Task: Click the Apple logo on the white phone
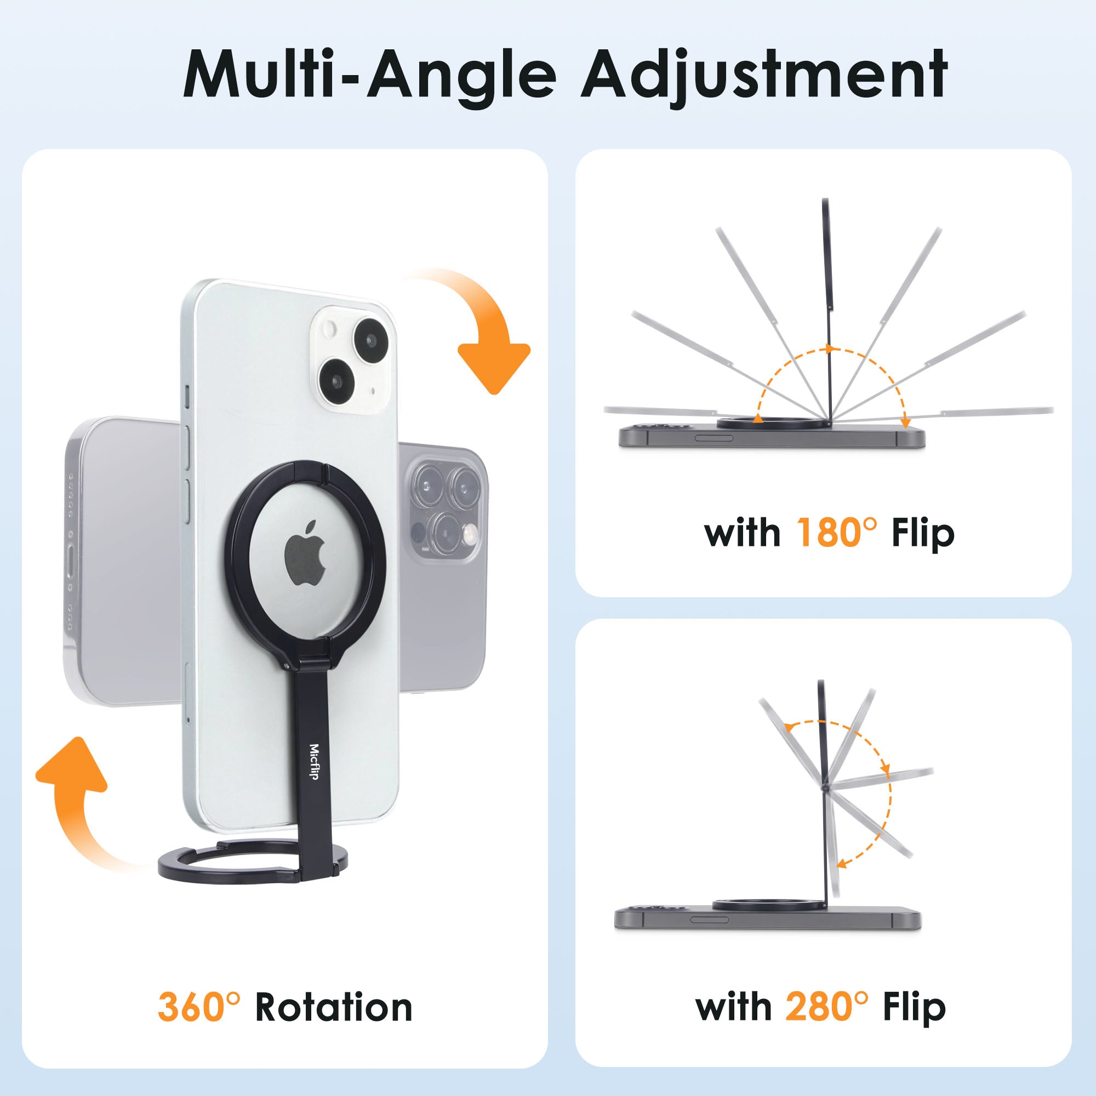point(306,553)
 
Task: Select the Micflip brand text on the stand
point(313,763)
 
